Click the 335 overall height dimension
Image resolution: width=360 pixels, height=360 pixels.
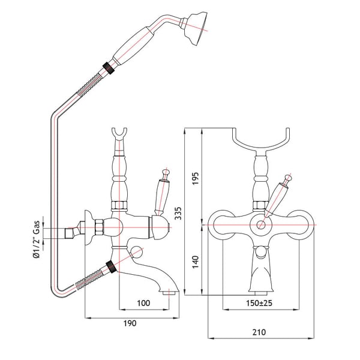click(178, 213)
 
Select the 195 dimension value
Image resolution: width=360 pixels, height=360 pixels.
click(195, 178)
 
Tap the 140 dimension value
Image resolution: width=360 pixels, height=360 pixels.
click(195, 262)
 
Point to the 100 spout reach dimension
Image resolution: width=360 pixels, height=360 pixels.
click(143, 303)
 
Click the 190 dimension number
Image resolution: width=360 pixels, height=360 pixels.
click(130, 323)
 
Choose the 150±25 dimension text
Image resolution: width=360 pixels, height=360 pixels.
click(259, 303)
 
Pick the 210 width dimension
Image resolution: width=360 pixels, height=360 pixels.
click(259, 332)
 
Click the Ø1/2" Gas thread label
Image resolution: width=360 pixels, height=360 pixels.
click(36, 239)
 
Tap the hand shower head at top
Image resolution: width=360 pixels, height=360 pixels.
click(195, 28)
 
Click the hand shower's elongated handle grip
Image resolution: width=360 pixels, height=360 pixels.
click(134, 46)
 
